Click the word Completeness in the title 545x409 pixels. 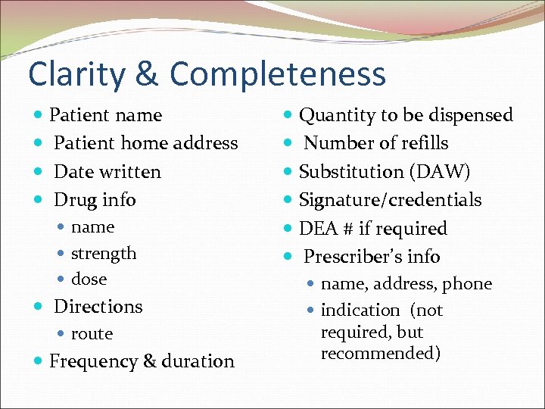click(x=278, y=74)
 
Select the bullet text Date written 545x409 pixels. click(x=107, y=172)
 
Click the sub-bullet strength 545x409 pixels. click(x=104, y=253)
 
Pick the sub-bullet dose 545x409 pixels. click(x=89, y=279)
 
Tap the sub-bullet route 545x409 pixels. click(x=92, y=333)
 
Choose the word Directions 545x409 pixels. click(x=98, y=307)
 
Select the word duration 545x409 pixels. click(x=200, y=361)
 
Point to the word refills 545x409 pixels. click(x=422, y=143)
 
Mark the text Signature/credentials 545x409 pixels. click(x=390, y=200)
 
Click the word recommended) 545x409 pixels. click(x=381, y=354)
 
